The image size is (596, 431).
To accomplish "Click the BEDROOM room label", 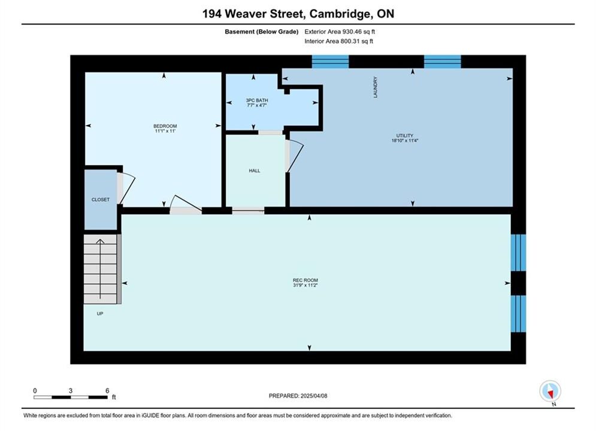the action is [x=165, y=126].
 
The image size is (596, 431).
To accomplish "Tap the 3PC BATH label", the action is [x=257, y=100].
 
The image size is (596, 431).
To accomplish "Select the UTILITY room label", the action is [x=405, y=135].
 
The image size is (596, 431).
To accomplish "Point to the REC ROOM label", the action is [x=305, y=280].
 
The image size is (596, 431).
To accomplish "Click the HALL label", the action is [x=255, y=171].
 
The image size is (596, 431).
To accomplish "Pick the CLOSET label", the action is [x=101, y=199].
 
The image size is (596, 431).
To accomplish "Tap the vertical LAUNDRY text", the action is [x=376, y=87].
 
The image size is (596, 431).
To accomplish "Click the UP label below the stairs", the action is [x=100, y=314].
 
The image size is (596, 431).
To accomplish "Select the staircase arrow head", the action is [x=101, y=241].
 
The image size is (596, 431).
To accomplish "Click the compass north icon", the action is [x=550, y=391].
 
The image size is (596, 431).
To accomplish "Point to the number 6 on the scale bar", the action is [x=107, y=391].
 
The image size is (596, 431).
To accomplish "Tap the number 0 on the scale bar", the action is [x=35, y=391].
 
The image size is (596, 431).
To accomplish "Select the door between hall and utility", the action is [x=295, y=156].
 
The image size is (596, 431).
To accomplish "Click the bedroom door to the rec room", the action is [x=186, y=205].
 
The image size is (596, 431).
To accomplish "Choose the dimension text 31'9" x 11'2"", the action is [x=305, y=285].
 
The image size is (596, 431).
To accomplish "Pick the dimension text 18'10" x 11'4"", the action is [x=405, y=141].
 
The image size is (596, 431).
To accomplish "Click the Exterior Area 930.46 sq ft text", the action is [x=340, y=32].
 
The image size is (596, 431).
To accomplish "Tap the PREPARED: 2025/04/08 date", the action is [x=298, y=396].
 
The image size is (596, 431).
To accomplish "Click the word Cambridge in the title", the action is [x=340, y=14].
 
